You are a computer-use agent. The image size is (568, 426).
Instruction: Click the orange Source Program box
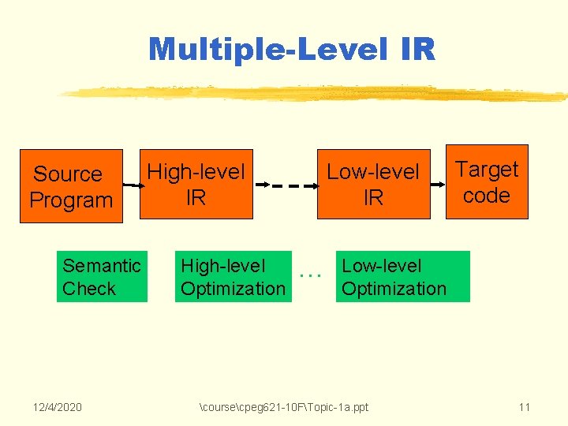click(x=71, y=186)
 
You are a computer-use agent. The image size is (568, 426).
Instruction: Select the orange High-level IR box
click(x=196, y=184)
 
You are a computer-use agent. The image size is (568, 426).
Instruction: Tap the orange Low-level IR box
click(x=373, y=184)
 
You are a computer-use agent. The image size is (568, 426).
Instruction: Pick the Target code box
click(x=487, y=182)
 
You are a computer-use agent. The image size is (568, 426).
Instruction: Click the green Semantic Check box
click(x=101, y=277)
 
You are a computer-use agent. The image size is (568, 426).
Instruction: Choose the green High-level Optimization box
click(x=232, y=277)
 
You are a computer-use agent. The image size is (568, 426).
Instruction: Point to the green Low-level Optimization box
click(x=402, y=277)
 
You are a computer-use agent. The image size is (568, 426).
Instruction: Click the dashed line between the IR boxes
click(x=296, y=186)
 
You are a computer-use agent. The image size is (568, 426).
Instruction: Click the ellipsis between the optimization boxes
click(x=312, y=275)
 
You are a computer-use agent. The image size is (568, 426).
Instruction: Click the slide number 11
click(x=524, y=407)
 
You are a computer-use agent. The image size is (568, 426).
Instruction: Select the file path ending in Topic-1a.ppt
click(x=284, y=407)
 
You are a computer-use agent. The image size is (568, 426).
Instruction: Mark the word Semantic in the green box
click(x=102, y=266)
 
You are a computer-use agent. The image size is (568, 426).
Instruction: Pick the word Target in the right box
click(x=487, y=170)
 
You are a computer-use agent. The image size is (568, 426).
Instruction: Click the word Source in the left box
click(x=68, y=174)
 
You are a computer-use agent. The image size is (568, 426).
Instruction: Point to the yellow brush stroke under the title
click(x=316, y=94)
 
